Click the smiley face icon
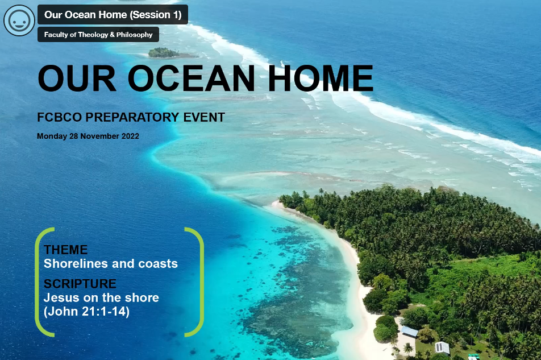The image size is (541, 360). pos(19,20)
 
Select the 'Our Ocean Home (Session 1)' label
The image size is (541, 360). pos(113,15)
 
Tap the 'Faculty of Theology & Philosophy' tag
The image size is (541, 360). pos(98,35)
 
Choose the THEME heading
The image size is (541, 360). pos(66,250)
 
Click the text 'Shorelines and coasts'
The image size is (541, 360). pos(111,264)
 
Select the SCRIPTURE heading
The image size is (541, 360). pos(80,284)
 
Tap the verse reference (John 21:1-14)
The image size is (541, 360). pos(86,312)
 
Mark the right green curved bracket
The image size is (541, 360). pos(198,282)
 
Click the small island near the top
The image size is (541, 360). pos(164,53)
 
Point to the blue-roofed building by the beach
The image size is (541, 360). pos(409,331)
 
